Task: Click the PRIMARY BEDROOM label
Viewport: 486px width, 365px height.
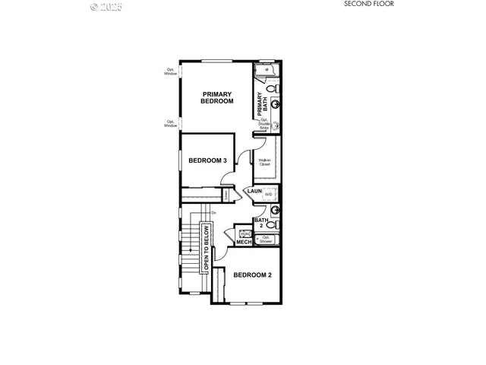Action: [x=216, y=97]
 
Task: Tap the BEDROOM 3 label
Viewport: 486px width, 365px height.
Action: [x=207, y=160]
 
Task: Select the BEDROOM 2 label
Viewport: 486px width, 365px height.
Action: [x=252, y=275]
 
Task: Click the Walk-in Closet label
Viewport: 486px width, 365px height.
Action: [x=264, y=162]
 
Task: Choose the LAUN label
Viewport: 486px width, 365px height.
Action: [x=254, y=191]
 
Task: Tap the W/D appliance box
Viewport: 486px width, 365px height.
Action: [x=268, y=195]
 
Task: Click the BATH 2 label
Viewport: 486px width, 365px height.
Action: [x=260, y=223]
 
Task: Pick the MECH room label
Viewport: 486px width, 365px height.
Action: [x=244, y=243]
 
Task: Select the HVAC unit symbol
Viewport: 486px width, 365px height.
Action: [x=245, y=234]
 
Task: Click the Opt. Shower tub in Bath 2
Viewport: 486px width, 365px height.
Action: [x=266, y=238]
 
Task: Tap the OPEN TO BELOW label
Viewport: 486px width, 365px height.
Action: [x=205, y=249]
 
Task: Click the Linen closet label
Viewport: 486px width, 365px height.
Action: [x=226, y=195]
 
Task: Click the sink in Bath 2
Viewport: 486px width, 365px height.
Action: [x=275, y=211]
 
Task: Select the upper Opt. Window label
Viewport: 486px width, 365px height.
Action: [x=170, y=71]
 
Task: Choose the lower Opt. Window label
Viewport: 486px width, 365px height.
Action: [x=170, y=123]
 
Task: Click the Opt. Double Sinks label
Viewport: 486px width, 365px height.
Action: [x=264, y=123]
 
